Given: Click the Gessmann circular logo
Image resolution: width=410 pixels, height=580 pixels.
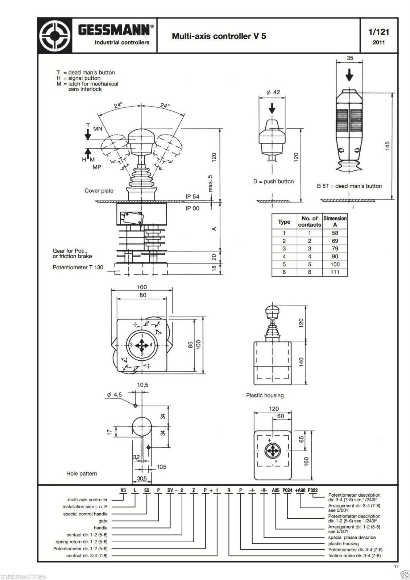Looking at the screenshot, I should pos(55,36).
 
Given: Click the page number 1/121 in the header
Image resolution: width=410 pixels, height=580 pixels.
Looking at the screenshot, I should pos(378,32).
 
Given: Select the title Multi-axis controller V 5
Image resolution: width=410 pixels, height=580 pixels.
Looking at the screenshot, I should pos(219,36).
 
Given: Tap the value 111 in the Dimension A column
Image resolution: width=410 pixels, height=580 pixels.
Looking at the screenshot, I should pos(335,272).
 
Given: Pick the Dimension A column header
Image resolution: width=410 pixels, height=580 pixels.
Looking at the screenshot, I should pos(335,221).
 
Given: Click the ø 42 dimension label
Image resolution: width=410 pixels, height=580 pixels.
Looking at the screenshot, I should pos(273,92).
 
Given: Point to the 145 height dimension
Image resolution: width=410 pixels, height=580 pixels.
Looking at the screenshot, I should pos(388,146).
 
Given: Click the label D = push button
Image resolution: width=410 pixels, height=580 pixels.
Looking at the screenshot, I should pos(273,181).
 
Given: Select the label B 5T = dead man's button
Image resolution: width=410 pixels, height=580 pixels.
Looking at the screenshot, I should pos(349,186).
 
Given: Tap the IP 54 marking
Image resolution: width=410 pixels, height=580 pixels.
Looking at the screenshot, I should pos(192,196).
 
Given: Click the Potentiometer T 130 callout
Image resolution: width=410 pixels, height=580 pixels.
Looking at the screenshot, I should pos(78,268).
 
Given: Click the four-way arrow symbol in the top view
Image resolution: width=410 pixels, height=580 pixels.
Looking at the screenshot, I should pos(141,345).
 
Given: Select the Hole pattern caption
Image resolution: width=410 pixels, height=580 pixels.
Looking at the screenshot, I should pos(82,473).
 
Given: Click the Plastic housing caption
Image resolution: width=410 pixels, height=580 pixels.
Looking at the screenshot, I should pos(265,395).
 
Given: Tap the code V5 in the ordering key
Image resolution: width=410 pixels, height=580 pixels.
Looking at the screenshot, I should pos(123,490).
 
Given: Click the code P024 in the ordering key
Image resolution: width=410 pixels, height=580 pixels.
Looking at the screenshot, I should pos(287,490).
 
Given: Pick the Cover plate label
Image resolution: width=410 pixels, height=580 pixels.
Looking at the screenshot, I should pos(99,191).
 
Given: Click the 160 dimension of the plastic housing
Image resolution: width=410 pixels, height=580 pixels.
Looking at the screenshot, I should pos(306,461).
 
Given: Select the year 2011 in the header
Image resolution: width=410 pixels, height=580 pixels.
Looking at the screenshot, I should pos(378,42).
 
